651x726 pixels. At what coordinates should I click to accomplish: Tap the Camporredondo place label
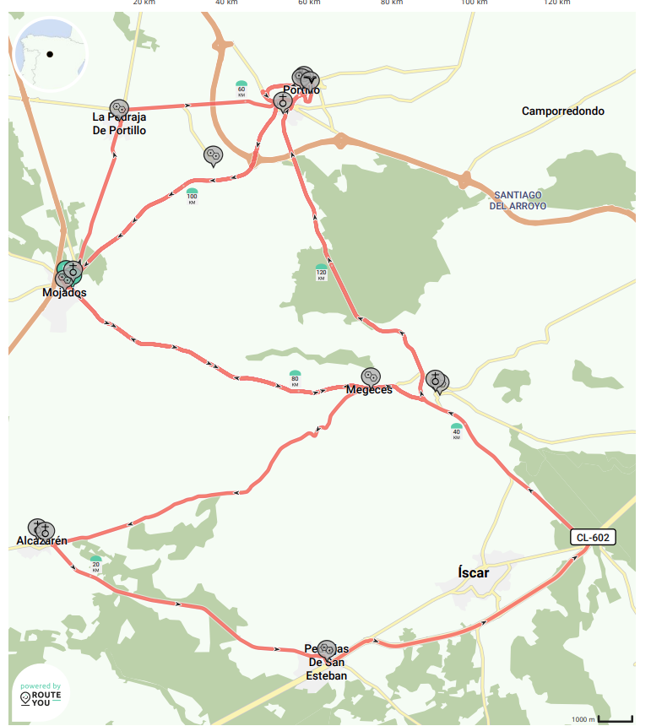[562, 111]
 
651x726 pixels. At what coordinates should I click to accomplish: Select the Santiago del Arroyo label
[518, 200]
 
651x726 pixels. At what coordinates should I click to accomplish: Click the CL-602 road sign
[592, 537]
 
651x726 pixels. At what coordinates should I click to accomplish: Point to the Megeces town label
[369, 390]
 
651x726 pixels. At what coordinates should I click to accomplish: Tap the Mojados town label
[64, 293]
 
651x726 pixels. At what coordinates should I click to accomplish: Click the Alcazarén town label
[41, 540]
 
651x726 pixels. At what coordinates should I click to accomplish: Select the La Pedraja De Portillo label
[119, 123]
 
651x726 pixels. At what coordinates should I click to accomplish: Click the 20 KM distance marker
[96, 566]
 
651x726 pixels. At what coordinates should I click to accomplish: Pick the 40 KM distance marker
[457, 431]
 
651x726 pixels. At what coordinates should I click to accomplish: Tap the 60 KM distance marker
[241, 89]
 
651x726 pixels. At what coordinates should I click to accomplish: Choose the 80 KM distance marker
[295, 378]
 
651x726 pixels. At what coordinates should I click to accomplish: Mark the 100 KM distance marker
[192, 197]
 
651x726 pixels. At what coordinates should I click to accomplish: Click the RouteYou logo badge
[41, 694]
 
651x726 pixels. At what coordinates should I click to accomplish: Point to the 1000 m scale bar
[615, 718]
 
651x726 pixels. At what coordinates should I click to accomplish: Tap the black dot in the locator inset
[50, 55]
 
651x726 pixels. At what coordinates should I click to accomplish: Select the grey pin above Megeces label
[370, 377]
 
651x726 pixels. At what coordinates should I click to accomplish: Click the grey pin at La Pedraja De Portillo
[118, 108]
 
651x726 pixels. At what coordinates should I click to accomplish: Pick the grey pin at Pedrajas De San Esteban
[327, 648]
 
